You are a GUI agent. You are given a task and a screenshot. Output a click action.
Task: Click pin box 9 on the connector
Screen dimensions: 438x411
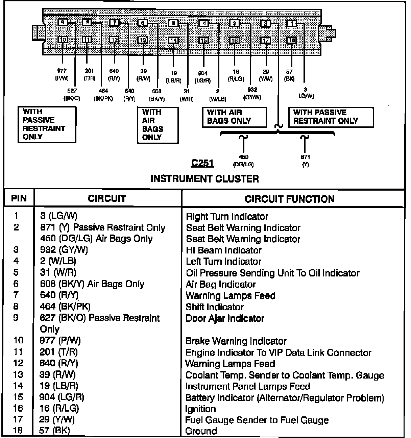(63, 23)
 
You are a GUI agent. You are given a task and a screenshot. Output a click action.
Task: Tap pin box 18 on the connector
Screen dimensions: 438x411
(291, 40)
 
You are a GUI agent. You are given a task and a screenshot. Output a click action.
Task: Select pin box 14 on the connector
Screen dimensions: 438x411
(173, 40)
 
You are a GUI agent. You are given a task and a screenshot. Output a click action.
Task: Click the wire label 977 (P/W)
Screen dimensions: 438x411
(62, 75)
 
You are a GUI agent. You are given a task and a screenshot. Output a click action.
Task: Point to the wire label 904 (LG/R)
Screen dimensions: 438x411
(203, 77)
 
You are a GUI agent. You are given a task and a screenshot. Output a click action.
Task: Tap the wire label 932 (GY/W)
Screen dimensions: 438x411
(252, 94)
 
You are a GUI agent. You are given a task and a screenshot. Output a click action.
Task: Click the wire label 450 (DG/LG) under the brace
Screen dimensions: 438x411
(243, 161)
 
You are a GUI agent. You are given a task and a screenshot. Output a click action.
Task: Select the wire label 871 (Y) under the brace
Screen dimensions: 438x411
(305, 161)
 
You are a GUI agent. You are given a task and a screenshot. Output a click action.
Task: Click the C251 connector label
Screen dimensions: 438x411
(202, 163)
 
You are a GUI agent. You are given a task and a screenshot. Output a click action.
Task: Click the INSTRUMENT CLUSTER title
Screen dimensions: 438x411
(204, 179)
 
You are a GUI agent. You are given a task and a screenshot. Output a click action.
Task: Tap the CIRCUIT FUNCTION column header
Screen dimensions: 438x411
(290, 199)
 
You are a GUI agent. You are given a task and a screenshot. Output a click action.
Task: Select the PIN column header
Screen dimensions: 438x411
(19, 198)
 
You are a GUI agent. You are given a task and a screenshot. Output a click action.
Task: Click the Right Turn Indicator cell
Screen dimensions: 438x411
(227, 216)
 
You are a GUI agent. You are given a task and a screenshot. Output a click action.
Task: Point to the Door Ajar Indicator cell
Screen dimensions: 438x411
(225, 318)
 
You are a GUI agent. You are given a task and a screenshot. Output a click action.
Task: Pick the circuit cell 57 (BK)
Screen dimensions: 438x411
(55, 431)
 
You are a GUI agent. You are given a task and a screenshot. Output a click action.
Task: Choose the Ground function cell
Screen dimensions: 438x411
(201, 431)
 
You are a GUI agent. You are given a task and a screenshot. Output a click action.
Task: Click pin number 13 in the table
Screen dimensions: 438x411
(18, 375)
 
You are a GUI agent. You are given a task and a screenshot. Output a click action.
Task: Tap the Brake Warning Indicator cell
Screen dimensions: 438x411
(236, 341)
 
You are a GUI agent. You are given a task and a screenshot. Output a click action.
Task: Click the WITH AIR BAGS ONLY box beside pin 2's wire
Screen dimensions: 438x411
(234, 117)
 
